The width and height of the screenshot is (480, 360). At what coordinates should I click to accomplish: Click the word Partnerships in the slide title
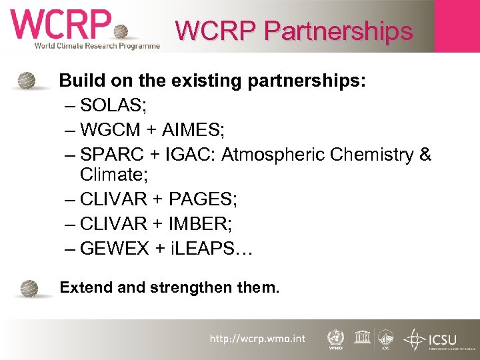click(339, 31)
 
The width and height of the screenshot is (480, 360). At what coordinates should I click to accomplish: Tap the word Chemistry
click(369, 155)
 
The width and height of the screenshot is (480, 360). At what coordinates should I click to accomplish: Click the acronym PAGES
click(201, 199)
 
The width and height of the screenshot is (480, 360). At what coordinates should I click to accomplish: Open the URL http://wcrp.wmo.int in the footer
click(257, 339)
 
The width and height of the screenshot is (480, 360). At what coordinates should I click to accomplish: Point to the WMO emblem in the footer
click(336, 337)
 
